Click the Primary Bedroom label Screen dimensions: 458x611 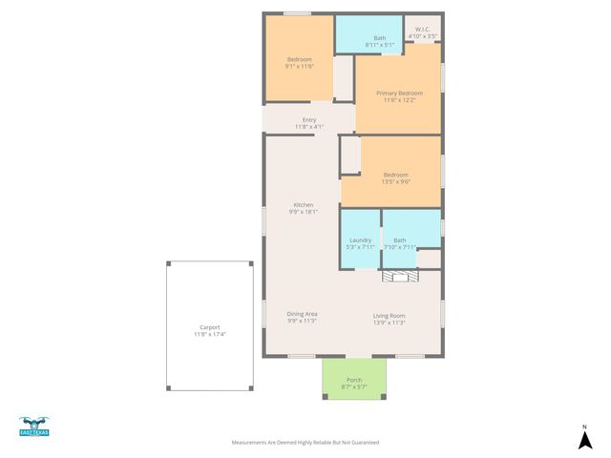coord(396,93)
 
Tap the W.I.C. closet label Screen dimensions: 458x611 coord(422,30)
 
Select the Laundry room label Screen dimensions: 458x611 coord(360,240)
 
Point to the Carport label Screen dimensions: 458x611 coord(209,327)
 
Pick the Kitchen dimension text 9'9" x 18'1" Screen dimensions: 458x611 coord(303,212)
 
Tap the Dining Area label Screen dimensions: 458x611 coord(303,314)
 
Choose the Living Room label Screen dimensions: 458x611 coord(389,316)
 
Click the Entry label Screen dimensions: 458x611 coord(309,119)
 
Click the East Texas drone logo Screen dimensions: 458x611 coord(34,427)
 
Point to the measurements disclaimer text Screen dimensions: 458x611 coord(305,443)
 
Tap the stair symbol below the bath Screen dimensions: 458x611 coord(400,276)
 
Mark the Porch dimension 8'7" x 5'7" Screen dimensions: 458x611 coord(354,386)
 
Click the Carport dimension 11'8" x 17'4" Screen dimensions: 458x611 coord(209,335)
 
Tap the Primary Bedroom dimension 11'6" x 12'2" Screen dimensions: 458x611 coord(396,100)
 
